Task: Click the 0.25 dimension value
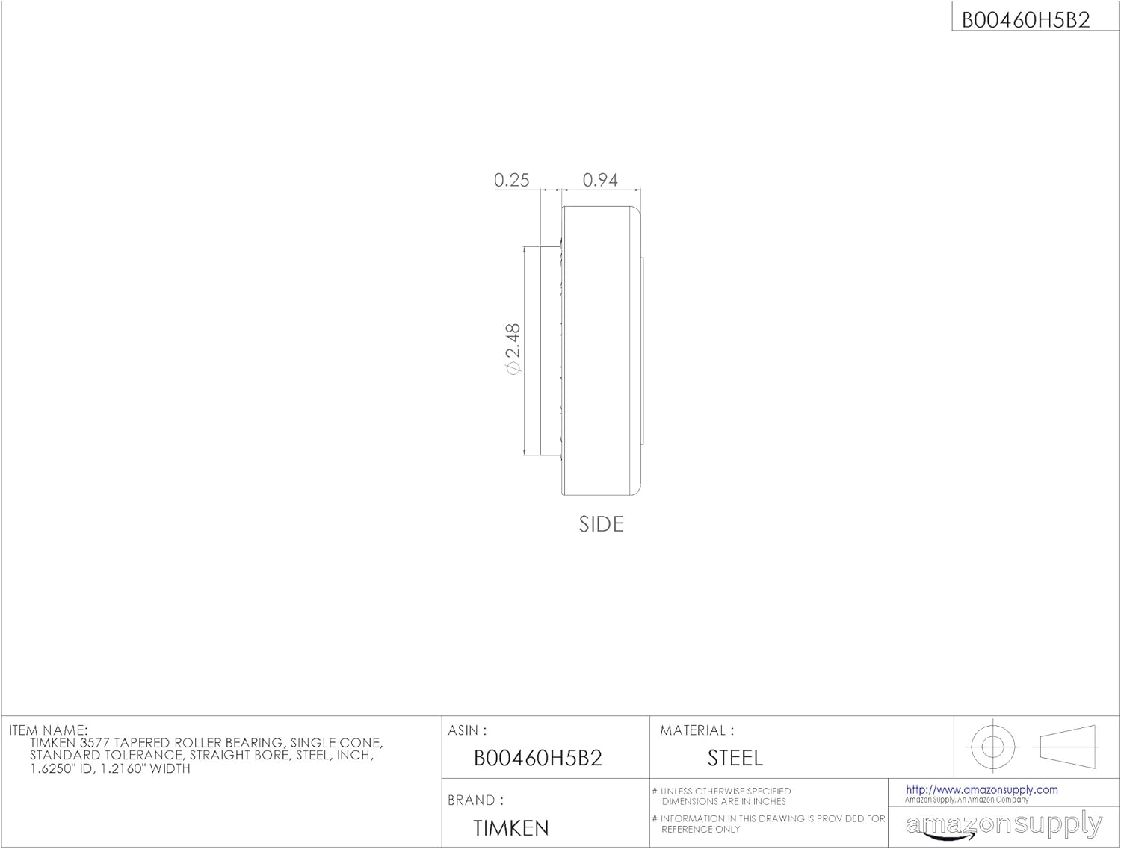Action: pos(511,180)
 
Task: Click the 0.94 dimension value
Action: pos(600,180)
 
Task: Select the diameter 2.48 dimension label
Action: pos(513,349)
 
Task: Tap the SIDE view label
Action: pos(601,524)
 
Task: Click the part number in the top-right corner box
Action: pos(1025,20)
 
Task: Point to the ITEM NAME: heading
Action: pos(48,730)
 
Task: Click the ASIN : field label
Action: pos(467,730)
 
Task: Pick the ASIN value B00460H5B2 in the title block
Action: pos(537,758)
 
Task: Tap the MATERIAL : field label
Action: pos(697,730)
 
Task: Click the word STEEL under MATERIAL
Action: pos(735,759)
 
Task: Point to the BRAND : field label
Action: pos(475,800)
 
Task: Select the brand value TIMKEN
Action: pos(511,828)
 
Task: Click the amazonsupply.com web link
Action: pos(981,789)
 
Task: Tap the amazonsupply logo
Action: pos(1004,825)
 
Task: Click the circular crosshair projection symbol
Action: pos(992,746)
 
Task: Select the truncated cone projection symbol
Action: pos(1068,746)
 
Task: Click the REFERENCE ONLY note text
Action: pos(700,829)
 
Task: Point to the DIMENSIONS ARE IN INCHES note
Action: pos(723,801)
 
